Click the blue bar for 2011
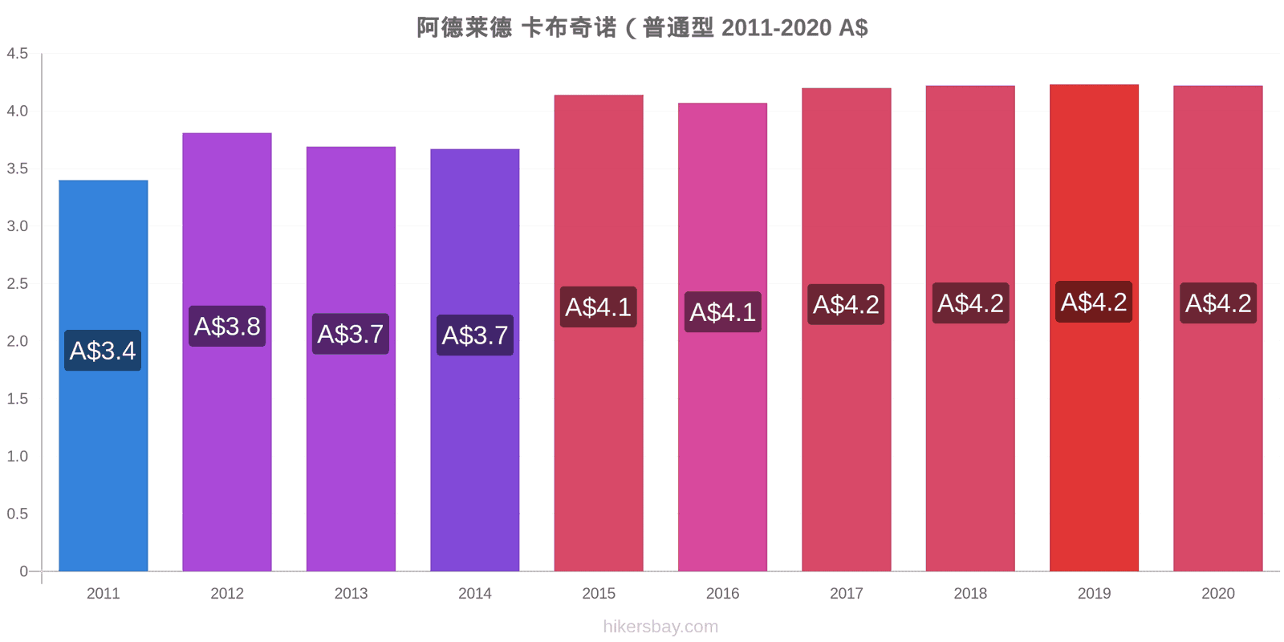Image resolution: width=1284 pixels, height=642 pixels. click(x=104, y=376)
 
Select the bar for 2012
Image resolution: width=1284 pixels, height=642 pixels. click(x=227, y=352)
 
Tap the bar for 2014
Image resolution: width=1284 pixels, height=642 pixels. click(x=474, y=360)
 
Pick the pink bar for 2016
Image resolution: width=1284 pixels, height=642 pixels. click(x=722, y=337)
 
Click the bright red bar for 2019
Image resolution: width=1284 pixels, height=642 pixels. click(x=1094, y=328)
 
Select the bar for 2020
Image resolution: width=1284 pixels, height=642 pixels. click(x=1217, y=328)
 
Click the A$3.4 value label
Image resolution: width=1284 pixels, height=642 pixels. click(x=103, y=350)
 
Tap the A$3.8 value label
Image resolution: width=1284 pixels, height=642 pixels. click(x=227, y=326)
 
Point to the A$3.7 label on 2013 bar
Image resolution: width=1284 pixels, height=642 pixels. click(x=351, y=334)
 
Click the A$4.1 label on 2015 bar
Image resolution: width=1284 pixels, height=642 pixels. click(x=599, y=307)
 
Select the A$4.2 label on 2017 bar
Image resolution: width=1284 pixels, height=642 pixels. click(x=846, y=304)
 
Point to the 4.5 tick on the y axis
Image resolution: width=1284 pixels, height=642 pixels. click(x=17, y=53)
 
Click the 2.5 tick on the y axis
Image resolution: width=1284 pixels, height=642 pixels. click(x=17, y=284)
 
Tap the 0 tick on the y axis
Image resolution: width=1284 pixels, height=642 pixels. click(x=23, y=571)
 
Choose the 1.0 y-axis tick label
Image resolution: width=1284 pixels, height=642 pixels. click(x=17, y=457)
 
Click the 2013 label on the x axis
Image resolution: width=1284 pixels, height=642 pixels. click(x=351, y=593)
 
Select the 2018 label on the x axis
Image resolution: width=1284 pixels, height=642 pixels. click(x=970, y=593)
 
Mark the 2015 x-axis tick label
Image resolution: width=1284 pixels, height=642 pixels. click(x=599, y=593)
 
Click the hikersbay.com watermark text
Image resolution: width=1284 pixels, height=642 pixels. click(x=660, y=627)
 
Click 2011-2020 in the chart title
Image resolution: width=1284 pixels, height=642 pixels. click(x=776, y=27)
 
